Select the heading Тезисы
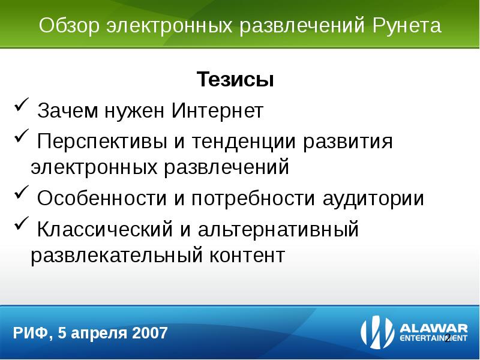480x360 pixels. [235, 80]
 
